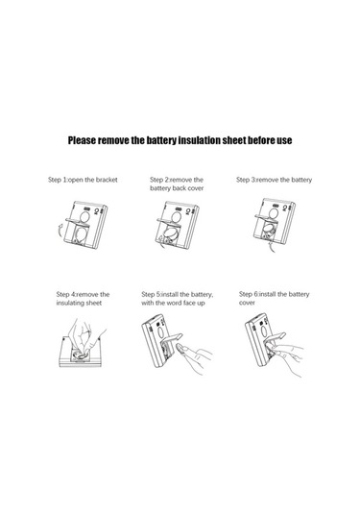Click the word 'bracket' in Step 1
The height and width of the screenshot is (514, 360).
pos(107,180)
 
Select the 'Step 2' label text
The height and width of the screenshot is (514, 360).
pos(159,180)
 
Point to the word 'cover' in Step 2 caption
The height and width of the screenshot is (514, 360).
pos(196,188)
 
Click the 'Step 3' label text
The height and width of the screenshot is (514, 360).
pos(246,180)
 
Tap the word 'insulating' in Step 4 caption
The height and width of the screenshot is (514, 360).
pos(70,303)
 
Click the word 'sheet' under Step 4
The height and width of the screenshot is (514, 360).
pos(94,303)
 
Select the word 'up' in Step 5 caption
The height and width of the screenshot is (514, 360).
pos(201,304)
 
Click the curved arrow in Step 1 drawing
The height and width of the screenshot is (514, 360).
pos(60,232)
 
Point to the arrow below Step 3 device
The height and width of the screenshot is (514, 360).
pos(272,248)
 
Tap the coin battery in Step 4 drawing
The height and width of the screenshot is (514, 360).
pos(80,355)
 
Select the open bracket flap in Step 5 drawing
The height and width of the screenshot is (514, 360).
pos(171,338)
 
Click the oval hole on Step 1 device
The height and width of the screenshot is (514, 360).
pos(84,217)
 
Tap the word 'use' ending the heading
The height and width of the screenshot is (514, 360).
pos(284,140)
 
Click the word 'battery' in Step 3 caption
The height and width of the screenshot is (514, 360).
pos(301,180)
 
